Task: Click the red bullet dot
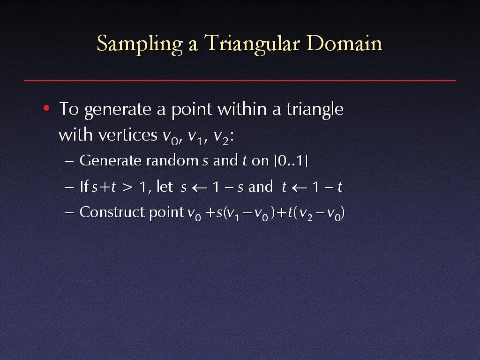[x=46, y=108]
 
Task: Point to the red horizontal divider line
[x=240, y=81]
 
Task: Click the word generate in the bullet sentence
[x=118, y=110]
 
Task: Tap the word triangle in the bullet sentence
[x=315, y=109]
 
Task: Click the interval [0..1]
[x=291, y=161]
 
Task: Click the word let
[x=165, y=186]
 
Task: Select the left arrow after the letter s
[x=199, y=187]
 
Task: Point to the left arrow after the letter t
[x=300, y=187]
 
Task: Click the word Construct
[x=112, y=212]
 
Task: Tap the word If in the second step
[x=84, y=186]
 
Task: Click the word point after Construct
[x=166, y=213]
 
